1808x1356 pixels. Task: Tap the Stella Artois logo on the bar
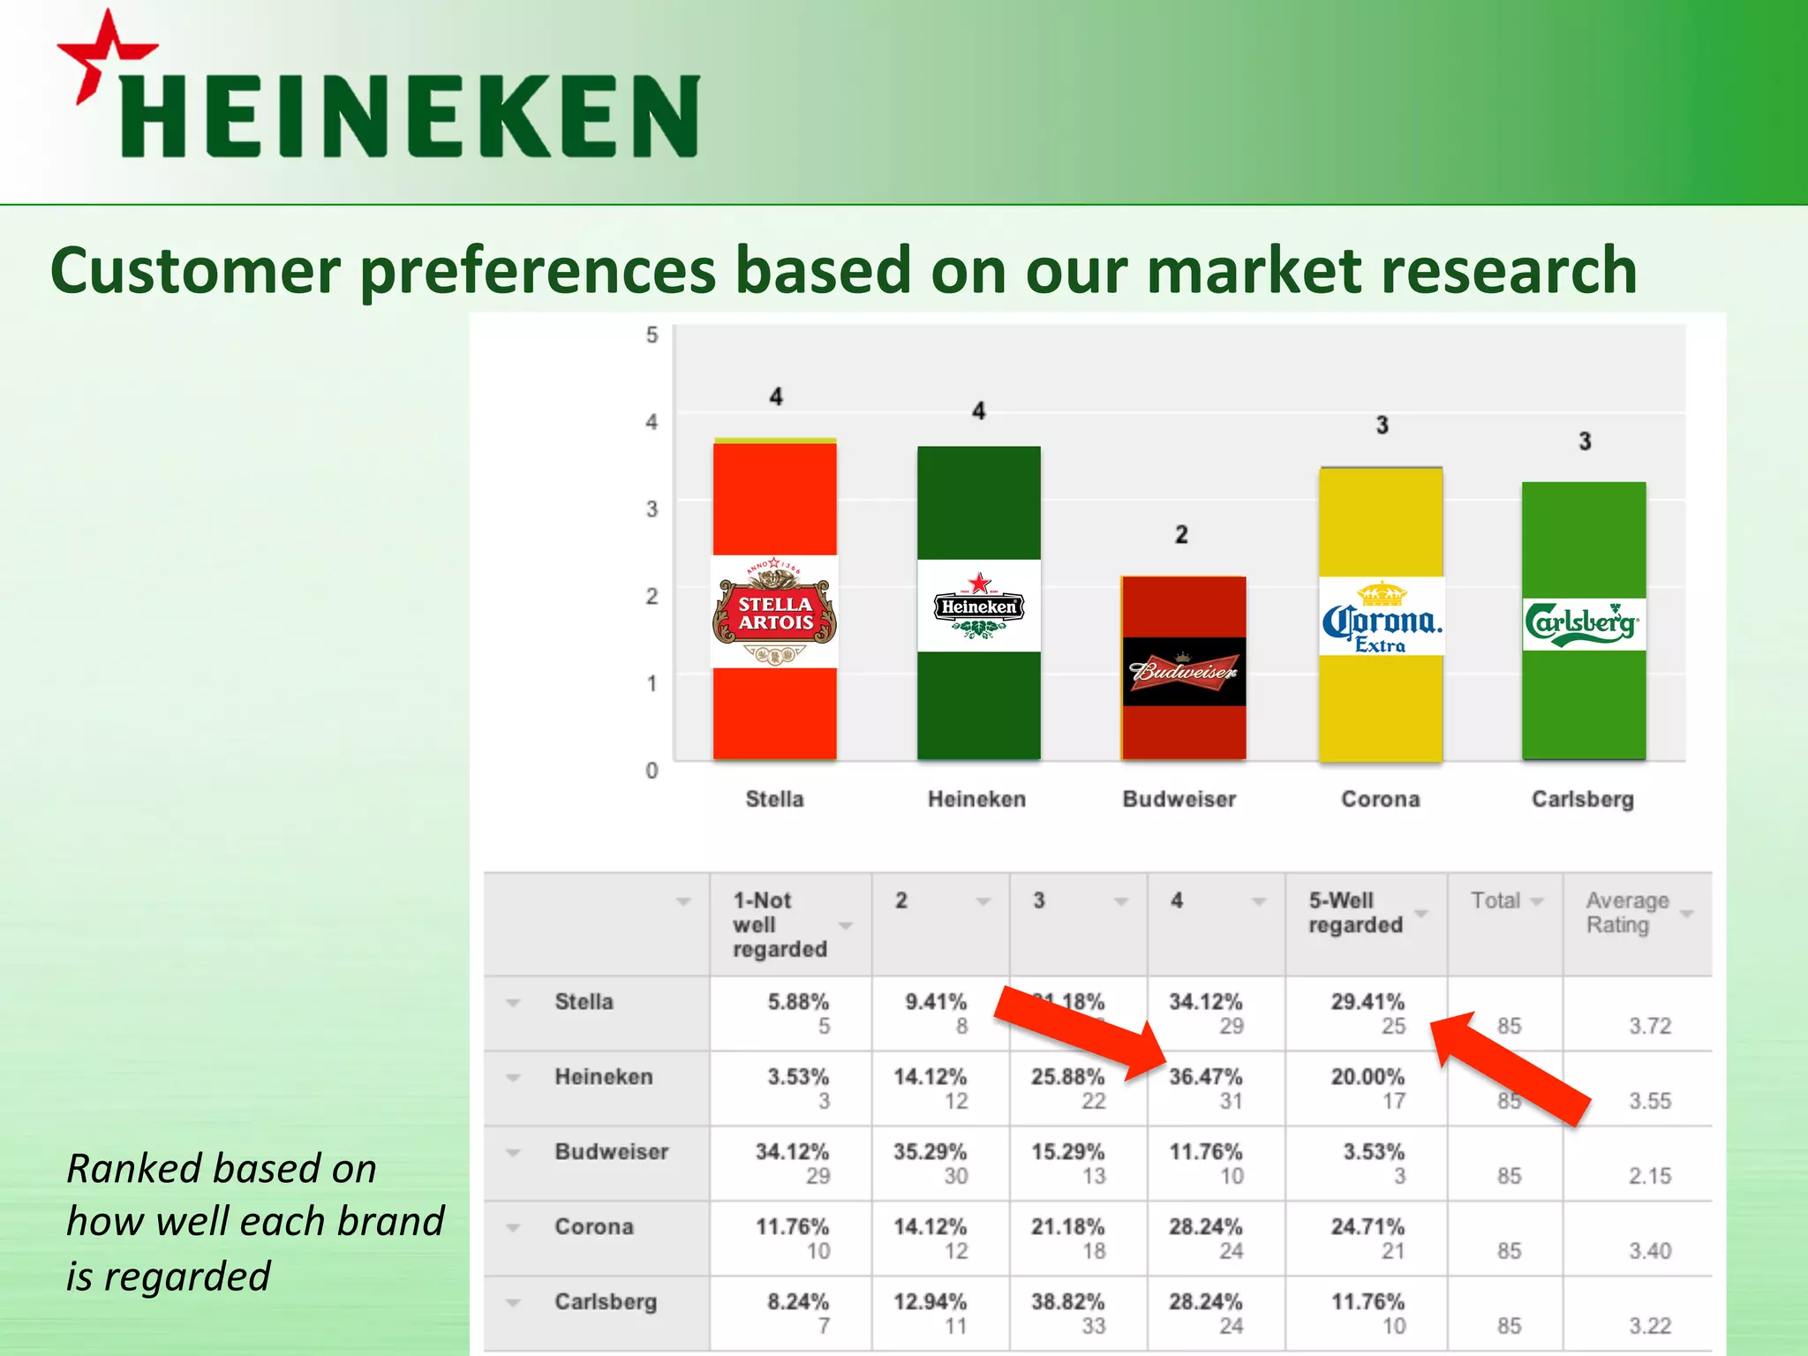[775, 612]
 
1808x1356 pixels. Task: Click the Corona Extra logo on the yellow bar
[1382, 618]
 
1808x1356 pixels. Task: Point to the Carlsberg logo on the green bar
[1583, 624]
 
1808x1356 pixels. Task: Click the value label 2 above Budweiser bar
[1181, 535]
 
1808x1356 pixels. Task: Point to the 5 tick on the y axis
[652, 335]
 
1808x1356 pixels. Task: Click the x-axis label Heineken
[976, 799]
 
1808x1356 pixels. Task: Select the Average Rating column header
[1627, 913]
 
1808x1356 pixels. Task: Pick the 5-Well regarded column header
[1355, 913]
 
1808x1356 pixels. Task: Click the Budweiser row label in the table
[611, 1152]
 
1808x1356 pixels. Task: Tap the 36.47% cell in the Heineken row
[1205, 1077]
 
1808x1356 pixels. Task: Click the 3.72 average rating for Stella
[1649, 1026]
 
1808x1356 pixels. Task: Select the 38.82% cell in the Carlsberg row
[1067, 1302]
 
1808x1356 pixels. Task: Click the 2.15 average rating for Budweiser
[1649, 1176]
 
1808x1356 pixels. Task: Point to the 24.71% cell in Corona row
[1367, 1227]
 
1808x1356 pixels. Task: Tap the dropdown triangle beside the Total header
[1537, 901]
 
